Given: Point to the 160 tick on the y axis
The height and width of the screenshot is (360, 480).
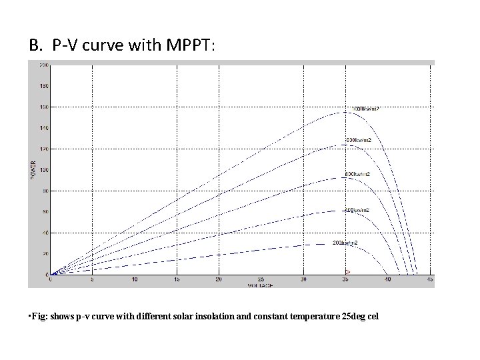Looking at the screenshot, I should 44,107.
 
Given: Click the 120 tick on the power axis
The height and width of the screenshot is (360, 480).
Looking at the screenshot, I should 44,149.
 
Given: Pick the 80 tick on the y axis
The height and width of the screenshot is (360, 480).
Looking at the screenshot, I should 45,191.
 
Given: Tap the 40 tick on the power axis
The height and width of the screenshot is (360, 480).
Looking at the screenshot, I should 45,233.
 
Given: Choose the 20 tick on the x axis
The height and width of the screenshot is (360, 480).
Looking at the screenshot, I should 219,280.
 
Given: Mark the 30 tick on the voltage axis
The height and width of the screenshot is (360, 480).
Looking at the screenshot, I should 303,280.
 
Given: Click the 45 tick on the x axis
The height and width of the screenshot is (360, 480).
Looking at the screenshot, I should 431,280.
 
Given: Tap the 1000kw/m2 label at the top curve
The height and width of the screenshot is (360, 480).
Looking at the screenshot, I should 365,108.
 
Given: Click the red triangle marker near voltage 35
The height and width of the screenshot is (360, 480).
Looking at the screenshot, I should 347,271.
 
